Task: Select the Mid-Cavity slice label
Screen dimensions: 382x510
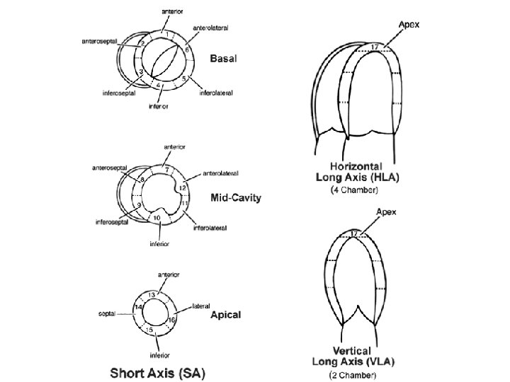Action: (x=235, y=198)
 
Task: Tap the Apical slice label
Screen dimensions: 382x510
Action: (x=225, y=315)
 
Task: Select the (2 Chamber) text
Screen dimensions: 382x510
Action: (x=353, y=374)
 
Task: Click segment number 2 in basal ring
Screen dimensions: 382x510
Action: (x=142, y=44)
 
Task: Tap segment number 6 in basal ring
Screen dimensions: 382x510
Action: (x=186, y=50)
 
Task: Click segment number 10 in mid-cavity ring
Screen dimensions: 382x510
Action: (x=157, y=219)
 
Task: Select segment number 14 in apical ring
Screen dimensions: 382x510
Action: (x=139, y=308)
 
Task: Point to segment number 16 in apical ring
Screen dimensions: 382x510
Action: (x=171, y=320)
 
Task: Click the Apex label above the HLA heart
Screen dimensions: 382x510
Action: (x=409, y=23)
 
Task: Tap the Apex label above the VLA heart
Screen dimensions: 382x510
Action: (x=385, y=211)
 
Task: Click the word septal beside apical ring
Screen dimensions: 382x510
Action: (x=107, y=313)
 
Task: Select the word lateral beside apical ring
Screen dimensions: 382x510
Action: (x=200, y=306)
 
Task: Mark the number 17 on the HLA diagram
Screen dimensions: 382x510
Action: (x=375, y=47)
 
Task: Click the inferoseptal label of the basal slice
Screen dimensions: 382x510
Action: (x=117, y=91)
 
